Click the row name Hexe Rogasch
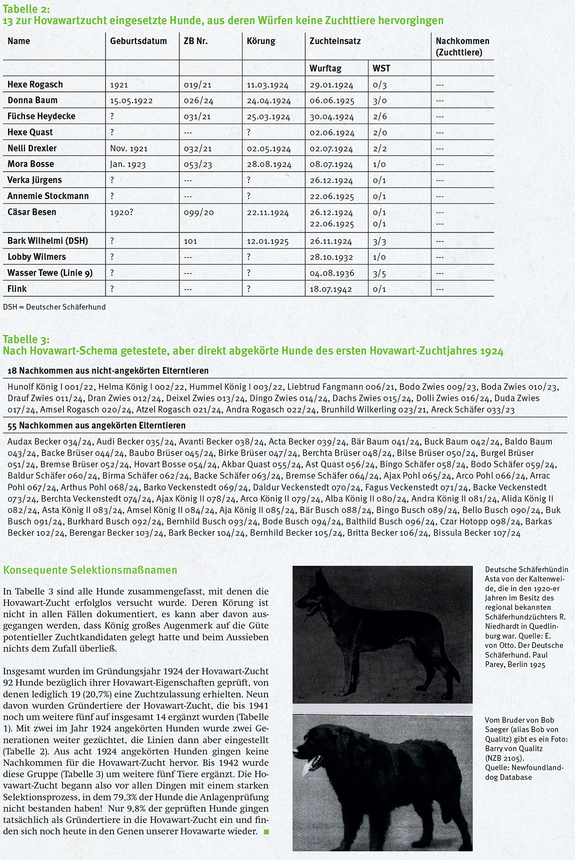(35, 84)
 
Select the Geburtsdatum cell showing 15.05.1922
(131, 100)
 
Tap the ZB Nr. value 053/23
(198, 164)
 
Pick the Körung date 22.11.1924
(268, 212)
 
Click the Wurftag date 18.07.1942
(330, 289)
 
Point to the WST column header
(381, 68)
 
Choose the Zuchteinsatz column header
(334, 41)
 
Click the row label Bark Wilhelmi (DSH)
(47, 240)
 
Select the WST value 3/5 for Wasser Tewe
(379, 273)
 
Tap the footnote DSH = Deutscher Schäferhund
(54, 307)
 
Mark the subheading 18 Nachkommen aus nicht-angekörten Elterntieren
(108, 371)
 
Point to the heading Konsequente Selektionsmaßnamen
(90, 570)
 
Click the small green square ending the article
(266, 832)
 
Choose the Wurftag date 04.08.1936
(330, 273)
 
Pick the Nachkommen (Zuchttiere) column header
(462, 46)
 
